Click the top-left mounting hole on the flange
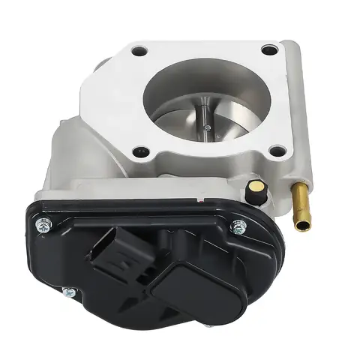pyautogui.click(x=139, y=52)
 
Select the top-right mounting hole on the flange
pyautogui.click(x=270, y=50)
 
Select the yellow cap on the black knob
pyautogui.click(x=256, y=186)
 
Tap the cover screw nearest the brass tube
pyautogui.click(x=239, y=227)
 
